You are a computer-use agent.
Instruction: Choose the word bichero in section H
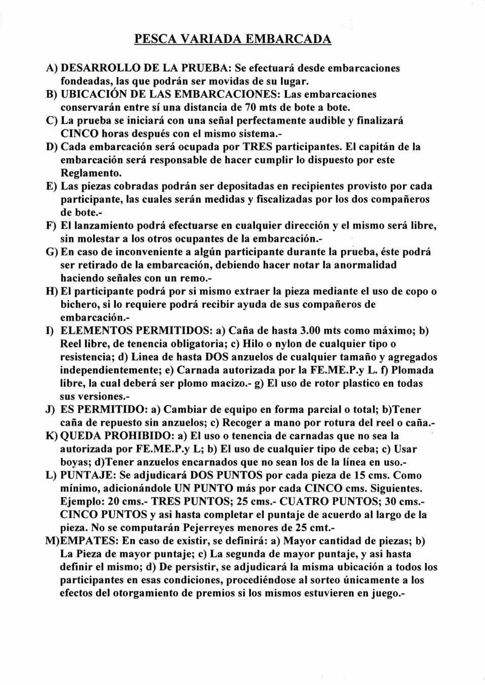coord(79,305)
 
